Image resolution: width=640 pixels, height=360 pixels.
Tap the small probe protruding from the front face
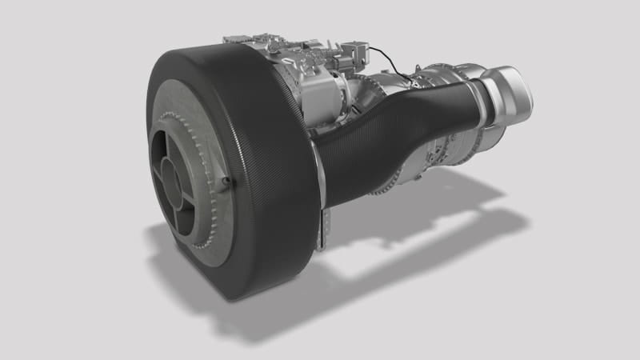[227, 182]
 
